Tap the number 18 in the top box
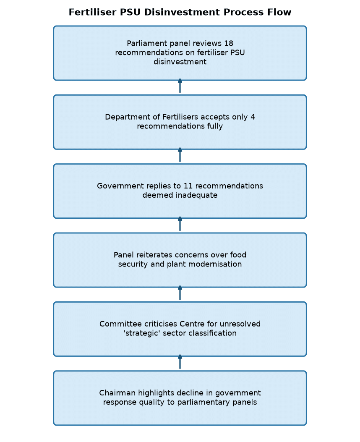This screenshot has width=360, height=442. tap(228, 43)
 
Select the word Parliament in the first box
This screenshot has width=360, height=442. tap(143, 43)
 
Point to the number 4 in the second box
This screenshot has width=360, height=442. tap(253, 117)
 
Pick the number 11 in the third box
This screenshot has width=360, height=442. tap(188, 186)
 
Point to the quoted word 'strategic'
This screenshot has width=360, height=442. tap(142, 333)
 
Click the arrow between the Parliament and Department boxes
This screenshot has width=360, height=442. tap(180, 86)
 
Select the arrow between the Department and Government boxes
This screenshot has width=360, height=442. tap(180, 155)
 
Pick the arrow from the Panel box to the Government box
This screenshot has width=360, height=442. tap(180, 224)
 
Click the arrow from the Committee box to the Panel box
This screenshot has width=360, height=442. tap(180, 293)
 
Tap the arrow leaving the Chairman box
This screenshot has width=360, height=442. tap(180, 362)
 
